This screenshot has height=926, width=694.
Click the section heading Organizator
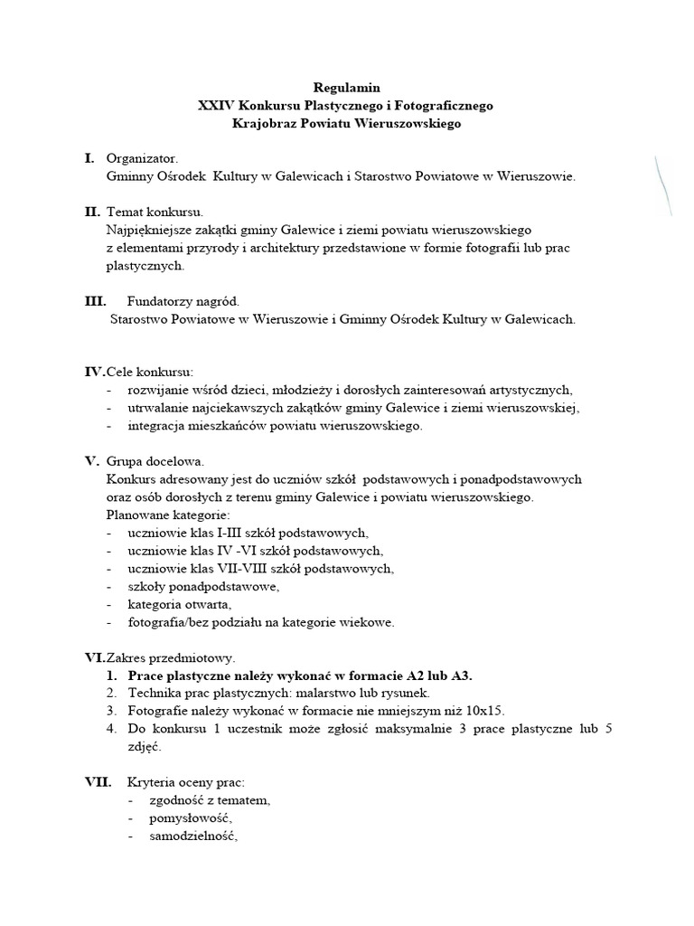(142, 158)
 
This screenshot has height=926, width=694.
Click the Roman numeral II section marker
(92, 212)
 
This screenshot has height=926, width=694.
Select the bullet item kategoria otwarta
(180, 604)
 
